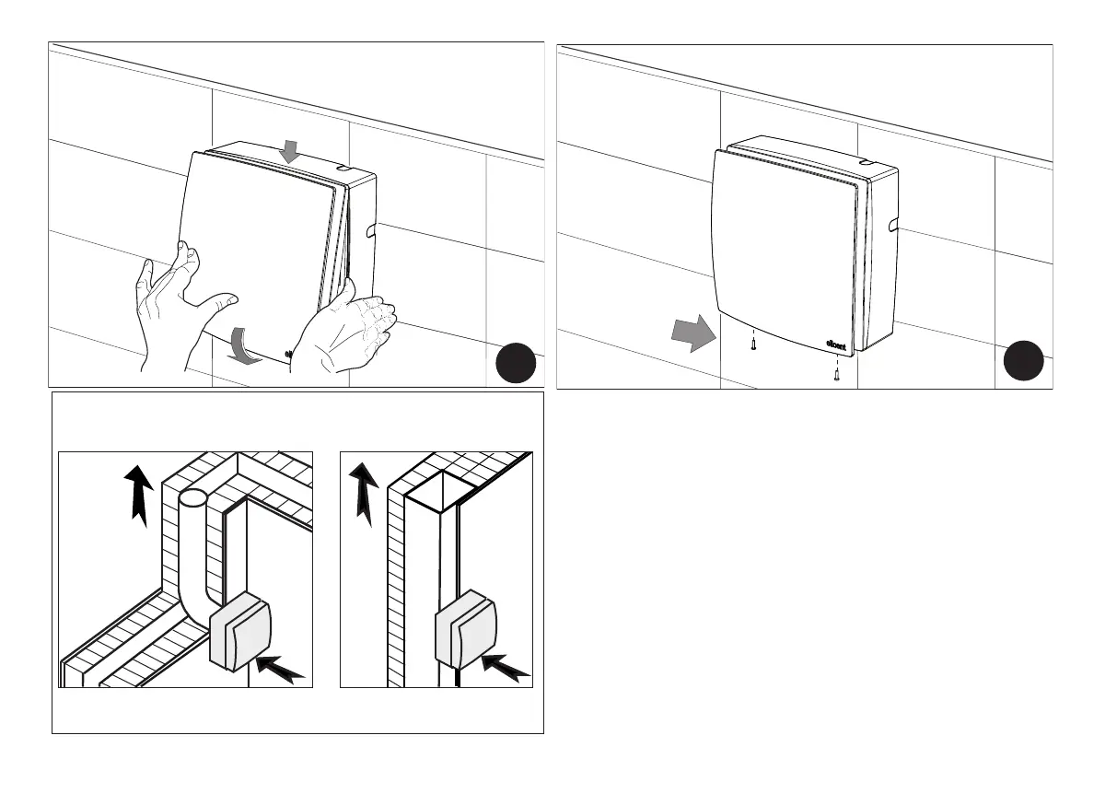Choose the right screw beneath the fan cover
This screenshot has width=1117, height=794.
pos(836,374)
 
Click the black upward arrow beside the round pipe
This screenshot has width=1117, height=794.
pos(137,493)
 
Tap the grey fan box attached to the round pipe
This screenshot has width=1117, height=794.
pos(241,635)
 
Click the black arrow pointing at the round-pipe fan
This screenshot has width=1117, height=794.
pos(281,668)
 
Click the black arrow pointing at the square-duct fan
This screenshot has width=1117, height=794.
pos(506,668)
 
